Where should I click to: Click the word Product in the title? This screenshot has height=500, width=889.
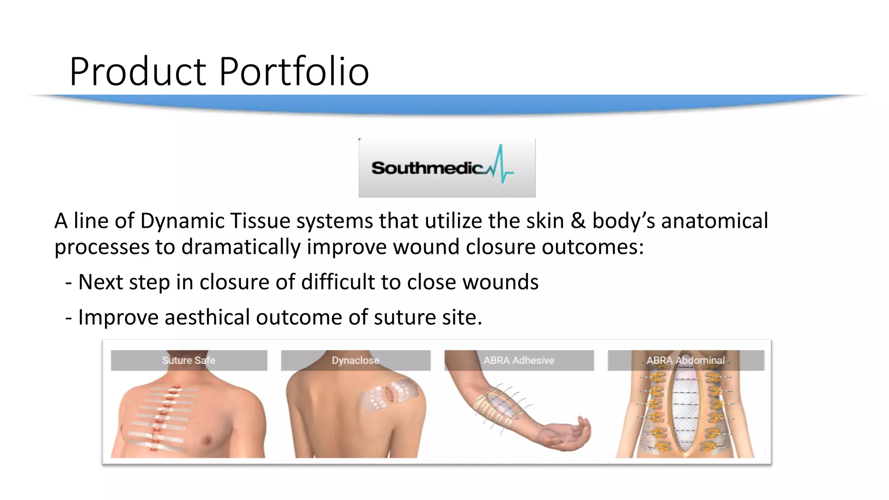coord(138,72)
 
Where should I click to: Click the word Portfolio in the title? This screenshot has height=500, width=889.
coord(294,72)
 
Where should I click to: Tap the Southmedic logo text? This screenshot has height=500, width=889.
coord(427,168)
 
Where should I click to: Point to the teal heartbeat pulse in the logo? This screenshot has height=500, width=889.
coord(500,165)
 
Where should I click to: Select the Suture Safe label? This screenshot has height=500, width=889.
coord(188,360)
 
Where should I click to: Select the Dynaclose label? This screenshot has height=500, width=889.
coord(355,360)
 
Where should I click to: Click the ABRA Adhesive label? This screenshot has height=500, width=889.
coord(519,360)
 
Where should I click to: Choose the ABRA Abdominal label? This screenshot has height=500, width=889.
coord(685,360)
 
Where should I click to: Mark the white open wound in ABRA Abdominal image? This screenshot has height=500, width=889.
coord(686,408)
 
